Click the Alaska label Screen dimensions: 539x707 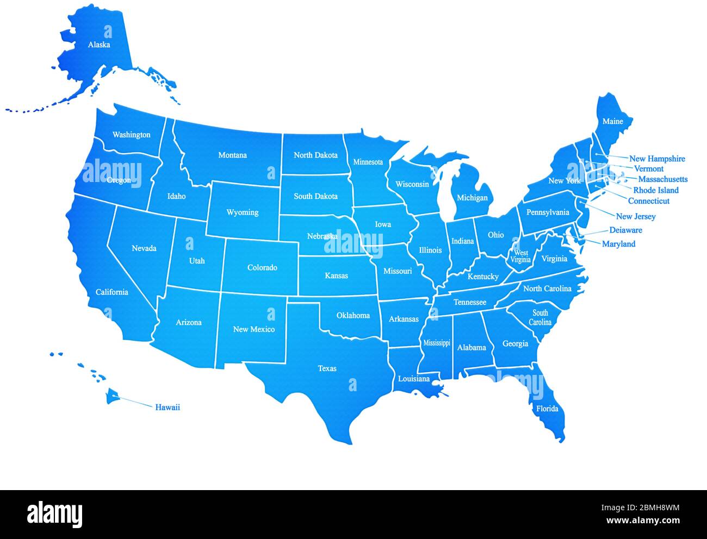[x=99, y=45]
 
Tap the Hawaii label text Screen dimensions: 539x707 [x=168, y=407]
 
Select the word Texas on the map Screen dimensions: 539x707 [x=327, y=368]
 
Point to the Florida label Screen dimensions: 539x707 [x=547, y=409]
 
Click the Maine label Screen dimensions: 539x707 [x=612, y=121]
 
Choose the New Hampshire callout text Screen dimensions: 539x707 [x=657, y=159]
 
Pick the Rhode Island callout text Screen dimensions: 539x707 [x=656, y=190]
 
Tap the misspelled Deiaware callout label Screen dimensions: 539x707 [x=625, y=230]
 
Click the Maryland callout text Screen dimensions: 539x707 [x=618, y=244]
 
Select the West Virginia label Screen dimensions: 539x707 [x=520, y=256]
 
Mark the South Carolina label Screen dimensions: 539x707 [x=540, y=317]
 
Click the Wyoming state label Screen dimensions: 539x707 [x=242, y=212]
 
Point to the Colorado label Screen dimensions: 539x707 [x=262, y=267]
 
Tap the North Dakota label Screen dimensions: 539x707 [x=315, y=155]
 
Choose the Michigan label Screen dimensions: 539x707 [x=472, y=197]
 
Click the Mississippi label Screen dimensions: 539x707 [x=437, y=343]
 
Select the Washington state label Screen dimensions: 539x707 [x=132, y=135]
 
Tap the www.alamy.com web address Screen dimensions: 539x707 [x=641, y=521]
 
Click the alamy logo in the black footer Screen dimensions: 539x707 [x=54, y=514]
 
